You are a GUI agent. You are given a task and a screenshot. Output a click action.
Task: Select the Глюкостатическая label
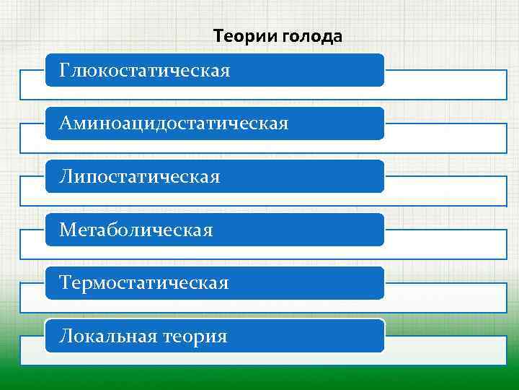(145, 71)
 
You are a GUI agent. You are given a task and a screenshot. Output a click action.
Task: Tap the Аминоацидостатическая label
(174, 123)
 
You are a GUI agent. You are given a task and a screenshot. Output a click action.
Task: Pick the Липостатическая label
(140, 177)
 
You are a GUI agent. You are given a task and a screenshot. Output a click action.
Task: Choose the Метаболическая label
(136, 230)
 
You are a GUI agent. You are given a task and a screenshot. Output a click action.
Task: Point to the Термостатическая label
(144, 283)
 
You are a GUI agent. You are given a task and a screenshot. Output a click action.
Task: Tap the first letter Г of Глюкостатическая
(66, 70)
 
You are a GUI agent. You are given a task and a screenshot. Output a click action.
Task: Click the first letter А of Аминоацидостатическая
(66, 123)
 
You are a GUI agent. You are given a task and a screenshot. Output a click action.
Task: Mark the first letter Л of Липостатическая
(66, 177)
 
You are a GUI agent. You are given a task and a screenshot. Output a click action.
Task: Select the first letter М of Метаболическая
(67, 230)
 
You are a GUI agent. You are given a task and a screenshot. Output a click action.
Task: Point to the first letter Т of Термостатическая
(66, 283)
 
